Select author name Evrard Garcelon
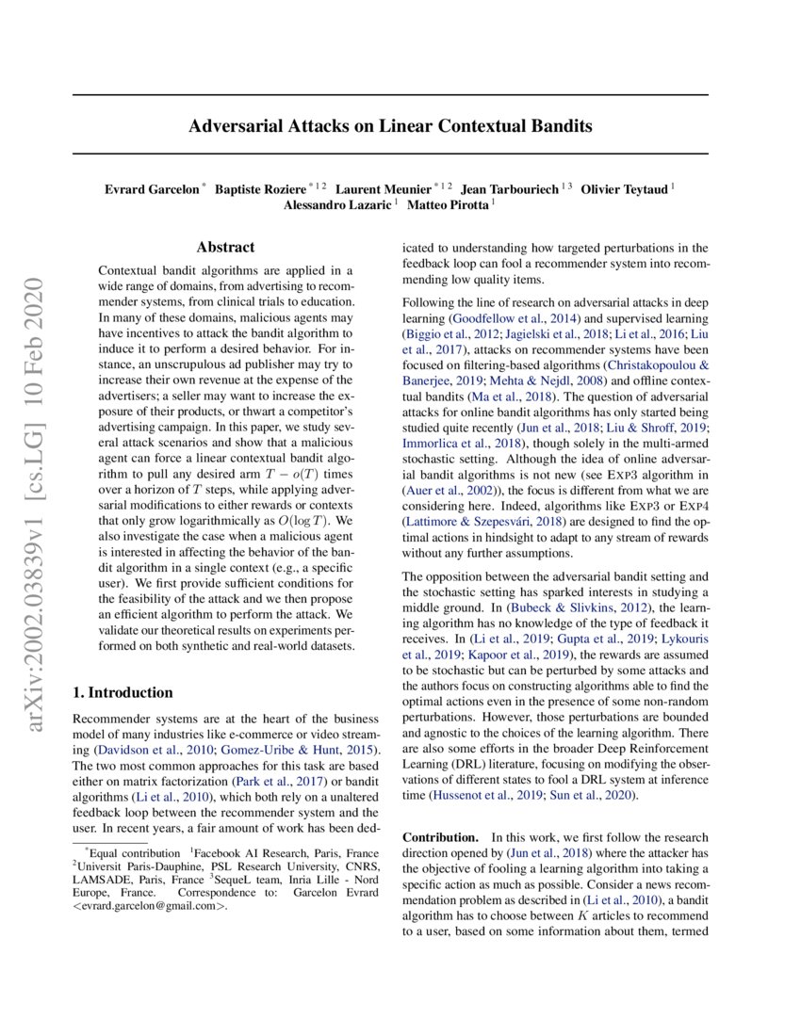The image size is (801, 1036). pyautogui.click(x=151, y=188)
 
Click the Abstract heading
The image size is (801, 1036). pyautogui.click(x=225, y=248)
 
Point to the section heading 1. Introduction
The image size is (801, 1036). pyautogui.click(x=123, y=692)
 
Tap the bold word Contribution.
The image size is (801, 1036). pyautogui.click(x=438, y=837)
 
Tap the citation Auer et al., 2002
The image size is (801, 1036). pyautogui.click(x=448, y=490)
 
